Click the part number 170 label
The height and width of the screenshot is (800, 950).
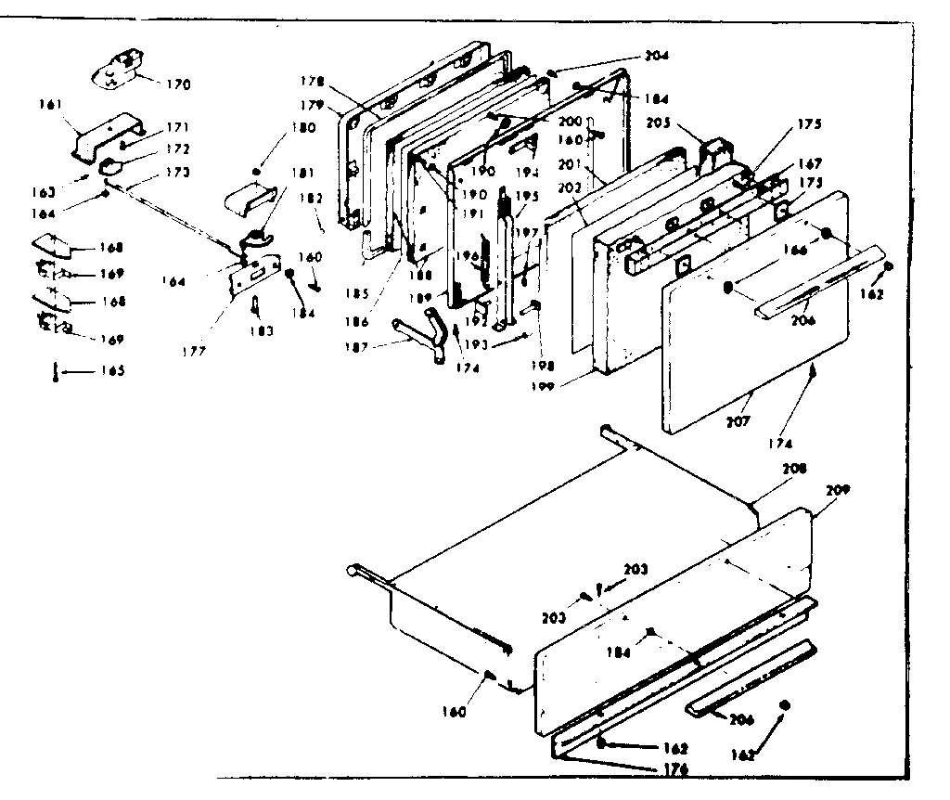(x=179, y=84)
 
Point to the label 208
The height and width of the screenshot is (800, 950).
(x=795, y=469)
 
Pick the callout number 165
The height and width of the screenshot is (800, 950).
(x=112, y=371)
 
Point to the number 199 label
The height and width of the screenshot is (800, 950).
(x=570, y=383)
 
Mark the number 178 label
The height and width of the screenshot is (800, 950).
(x=312, y=82)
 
